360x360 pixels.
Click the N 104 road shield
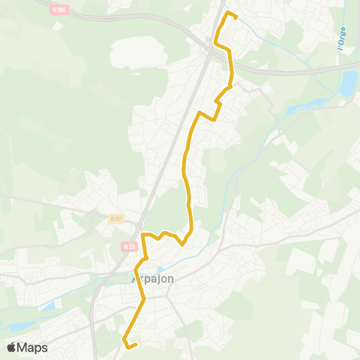click(x=59, y=10)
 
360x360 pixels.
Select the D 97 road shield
click(x=115, y=218)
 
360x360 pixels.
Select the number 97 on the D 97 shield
click(x=117, y=218)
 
